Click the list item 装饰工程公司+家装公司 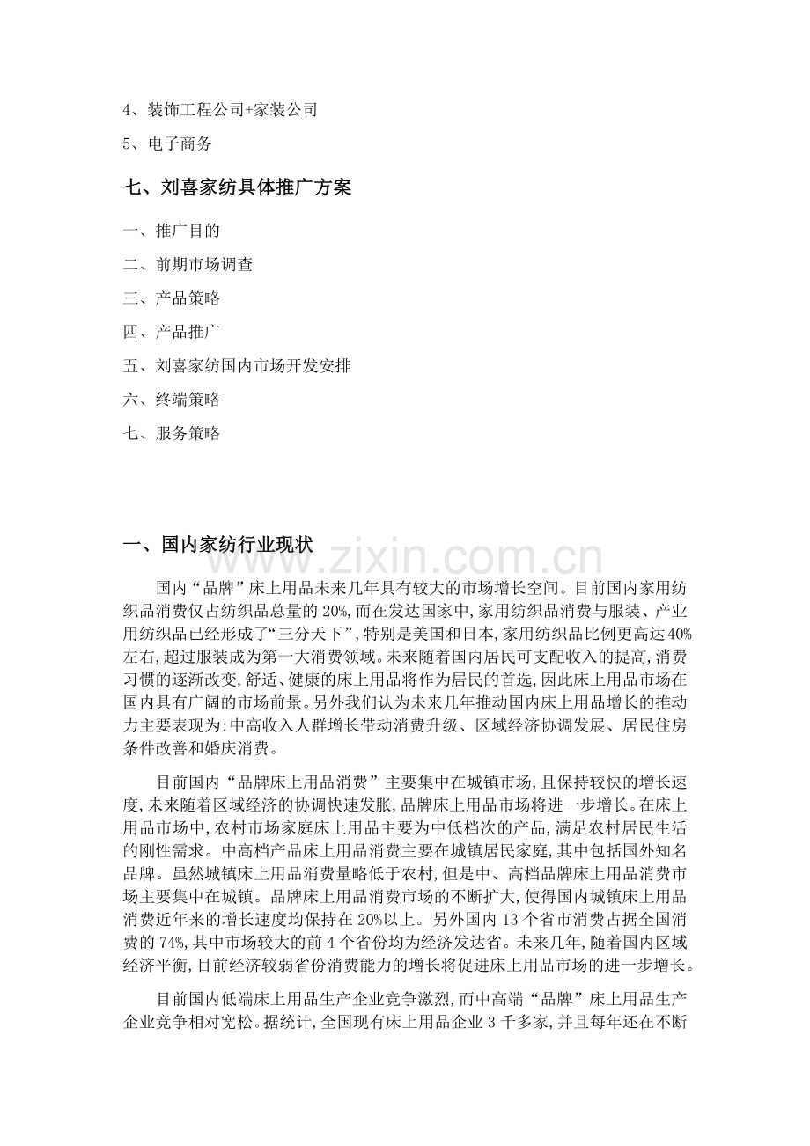[x=219, y=110]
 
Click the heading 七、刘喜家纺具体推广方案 [x=237, y=187]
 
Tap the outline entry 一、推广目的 [x=171, y=231]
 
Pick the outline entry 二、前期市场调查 [x=188, y=265]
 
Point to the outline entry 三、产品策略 [x=171, y=298]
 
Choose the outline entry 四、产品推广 [x=171, y=332]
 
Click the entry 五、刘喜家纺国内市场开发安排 [x=237, y=365]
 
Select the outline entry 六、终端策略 [x=171, y=399]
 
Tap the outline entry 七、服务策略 [x=171, y=433]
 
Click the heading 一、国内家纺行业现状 [x=217, y=546]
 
